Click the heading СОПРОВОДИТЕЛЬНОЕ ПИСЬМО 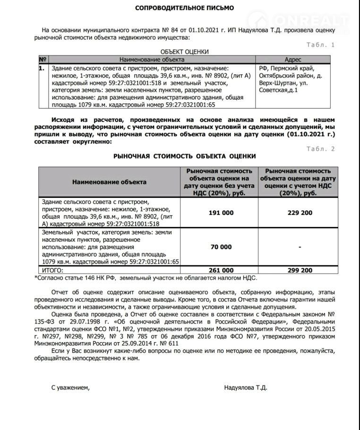coord(184,8)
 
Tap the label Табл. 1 coord(321,45)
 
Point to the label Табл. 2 coord(321,149)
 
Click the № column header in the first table coord(43,60)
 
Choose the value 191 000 coord(221,213)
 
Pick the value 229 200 coord(300,213)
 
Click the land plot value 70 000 coord(221,247)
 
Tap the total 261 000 coord(221,270)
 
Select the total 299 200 coord(300,270)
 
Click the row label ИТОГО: coord(52,270)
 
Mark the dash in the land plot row coord(300,247)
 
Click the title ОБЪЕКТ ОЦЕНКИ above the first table coord(185,52)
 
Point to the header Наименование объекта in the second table coord(109,182)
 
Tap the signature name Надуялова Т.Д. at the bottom coord(246,387)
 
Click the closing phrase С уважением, coord(70,387)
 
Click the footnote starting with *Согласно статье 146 coord(146,278)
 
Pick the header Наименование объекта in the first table coord(152,60)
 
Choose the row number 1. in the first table coord(42,68)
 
